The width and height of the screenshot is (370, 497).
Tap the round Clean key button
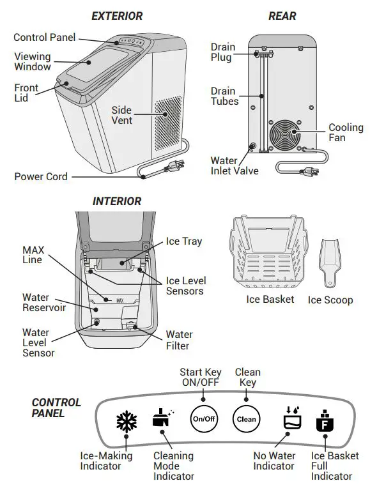(x=246, y=419)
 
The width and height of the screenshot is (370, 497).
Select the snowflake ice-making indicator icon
(x=126, y=421)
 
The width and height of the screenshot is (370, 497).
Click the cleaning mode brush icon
(x=162, y=418)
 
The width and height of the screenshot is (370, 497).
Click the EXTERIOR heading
(x=117, y=15)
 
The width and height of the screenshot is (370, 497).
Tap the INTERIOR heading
(x=117, y=201)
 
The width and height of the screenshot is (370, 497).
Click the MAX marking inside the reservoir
(x=119, y=299)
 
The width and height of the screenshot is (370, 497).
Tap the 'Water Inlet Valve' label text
(x=235, y=165)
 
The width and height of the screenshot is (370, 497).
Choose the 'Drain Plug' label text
(x=222, y=52)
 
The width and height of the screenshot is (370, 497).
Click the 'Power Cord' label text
(x=41, y=176)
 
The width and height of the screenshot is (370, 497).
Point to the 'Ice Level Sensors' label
(x=185, y=286)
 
